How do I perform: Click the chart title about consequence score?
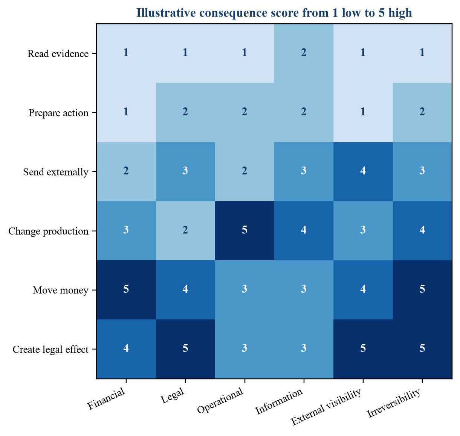tap(274, 13)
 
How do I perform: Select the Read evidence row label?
tap(58, 54)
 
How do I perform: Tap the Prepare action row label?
tap(58, 113)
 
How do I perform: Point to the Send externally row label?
tap(56, 172)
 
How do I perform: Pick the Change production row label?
tap(49, 231)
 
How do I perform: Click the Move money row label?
tap(61, 290)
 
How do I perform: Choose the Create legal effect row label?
tap(50, 349)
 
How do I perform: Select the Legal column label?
tap(173, 395)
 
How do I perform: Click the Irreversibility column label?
tap(394, 403)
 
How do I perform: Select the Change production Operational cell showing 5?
tap(245, 231)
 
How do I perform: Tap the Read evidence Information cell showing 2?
tap(304, 53)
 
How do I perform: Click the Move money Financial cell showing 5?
tap(126, 290)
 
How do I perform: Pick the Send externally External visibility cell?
tap(363, 172)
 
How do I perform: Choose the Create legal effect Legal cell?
tap(185, 349)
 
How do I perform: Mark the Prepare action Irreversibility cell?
tap(422, 112)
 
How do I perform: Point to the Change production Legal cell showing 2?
tap(185, 231)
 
